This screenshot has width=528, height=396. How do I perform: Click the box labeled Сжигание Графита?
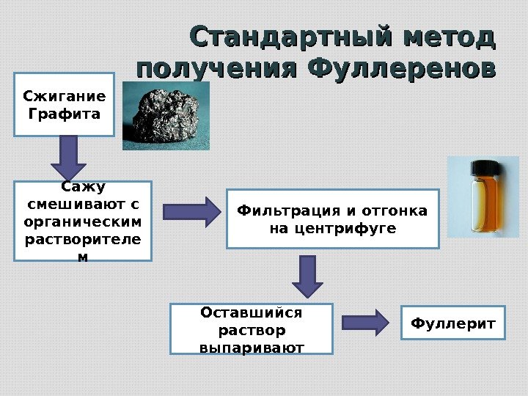pos(65,104)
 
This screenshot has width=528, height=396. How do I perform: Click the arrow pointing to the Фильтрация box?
pos(191,212)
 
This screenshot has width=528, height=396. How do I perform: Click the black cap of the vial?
pos(485,168)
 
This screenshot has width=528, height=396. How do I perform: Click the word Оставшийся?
pos(252,313)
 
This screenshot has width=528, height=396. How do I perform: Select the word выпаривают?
pos(252,346)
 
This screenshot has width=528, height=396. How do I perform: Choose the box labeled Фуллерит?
pos(453,323)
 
